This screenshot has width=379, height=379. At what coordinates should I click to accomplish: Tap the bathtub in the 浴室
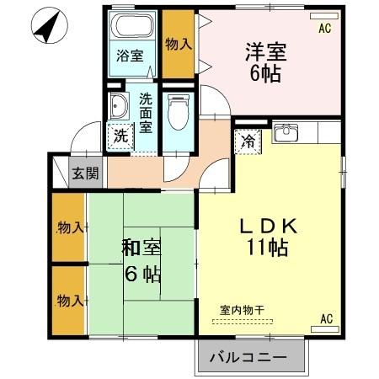pyautogui.click(x=134, y=25)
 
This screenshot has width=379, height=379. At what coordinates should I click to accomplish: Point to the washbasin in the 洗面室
pyautogui.click(x=119, y=105)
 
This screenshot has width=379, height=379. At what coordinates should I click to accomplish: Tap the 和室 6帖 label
pyautogui.click(x=141, y=261)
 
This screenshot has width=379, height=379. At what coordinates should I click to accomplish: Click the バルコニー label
pyautogui.click(x=248, y=358)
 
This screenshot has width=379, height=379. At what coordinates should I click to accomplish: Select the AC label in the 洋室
pyautogui.click(x=325, y=28)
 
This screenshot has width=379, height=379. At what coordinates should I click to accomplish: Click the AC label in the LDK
pyautogui.click(x=325, y=318)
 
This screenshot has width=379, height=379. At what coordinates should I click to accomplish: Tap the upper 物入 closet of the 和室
pyautogui.click(x=68, y=228)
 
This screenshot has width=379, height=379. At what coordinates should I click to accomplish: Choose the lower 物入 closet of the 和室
pyautogui.click(x=68, y=301)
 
